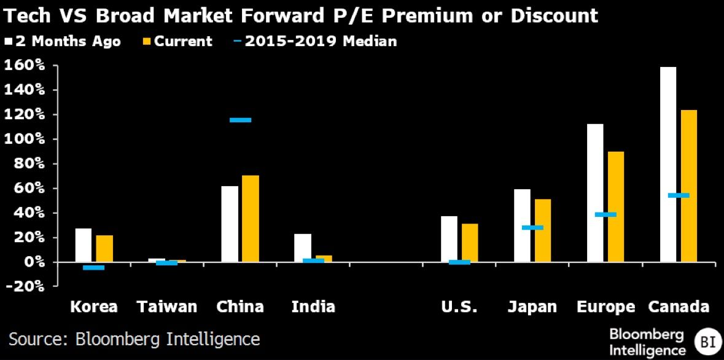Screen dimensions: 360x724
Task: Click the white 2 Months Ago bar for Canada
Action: (x=668, y=164)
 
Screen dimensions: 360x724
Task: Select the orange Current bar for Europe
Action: (x=615, y=206)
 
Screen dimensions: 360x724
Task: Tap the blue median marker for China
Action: (x=240, y=120)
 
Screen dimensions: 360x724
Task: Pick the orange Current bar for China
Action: (x=251, y=219)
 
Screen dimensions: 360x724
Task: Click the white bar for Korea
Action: (x=84, y=245)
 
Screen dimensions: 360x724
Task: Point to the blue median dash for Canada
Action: (x=679, y=195)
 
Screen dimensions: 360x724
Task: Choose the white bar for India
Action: (x=303, y=248)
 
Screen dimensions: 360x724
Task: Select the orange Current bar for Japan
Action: (x=543, y=230)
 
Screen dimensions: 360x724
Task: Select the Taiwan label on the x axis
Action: (x=167, y=307)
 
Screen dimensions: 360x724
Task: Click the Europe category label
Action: (x=605, y=307)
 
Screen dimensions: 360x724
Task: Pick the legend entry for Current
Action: (x=177, y=42)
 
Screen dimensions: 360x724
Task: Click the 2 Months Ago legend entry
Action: (x=63, y=42)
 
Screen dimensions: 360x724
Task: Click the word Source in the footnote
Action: (x=37, y=338)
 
